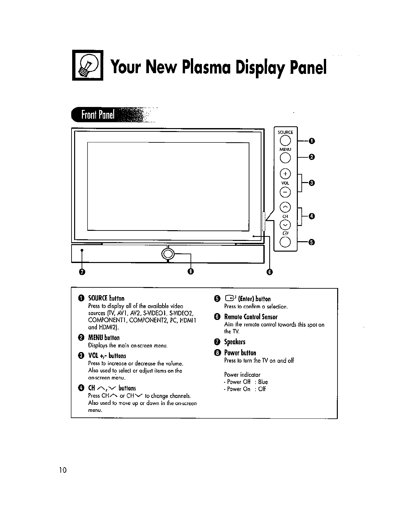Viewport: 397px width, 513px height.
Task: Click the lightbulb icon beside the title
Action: tap(87, 65)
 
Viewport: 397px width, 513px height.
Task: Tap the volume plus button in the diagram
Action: tap(285, 174)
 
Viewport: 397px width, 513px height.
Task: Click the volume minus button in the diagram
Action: tap(285, 192)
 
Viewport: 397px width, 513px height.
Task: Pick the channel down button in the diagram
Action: tap(285, 225)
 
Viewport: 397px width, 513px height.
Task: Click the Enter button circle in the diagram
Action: tap(285, 242)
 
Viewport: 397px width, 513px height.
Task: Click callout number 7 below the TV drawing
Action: tap(82, 272)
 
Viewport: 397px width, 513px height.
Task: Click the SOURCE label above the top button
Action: tap(285, 132)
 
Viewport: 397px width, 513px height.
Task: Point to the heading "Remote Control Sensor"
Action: tap(251, 317)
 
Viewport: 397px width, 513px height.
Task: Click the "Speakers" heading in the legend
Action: tap(234, 342)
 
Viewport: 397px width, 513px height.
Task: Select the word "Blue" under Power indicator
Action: tap(263, 382)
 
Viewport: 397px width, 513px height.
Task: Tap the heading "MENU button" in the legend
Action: tap(104, 338)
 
